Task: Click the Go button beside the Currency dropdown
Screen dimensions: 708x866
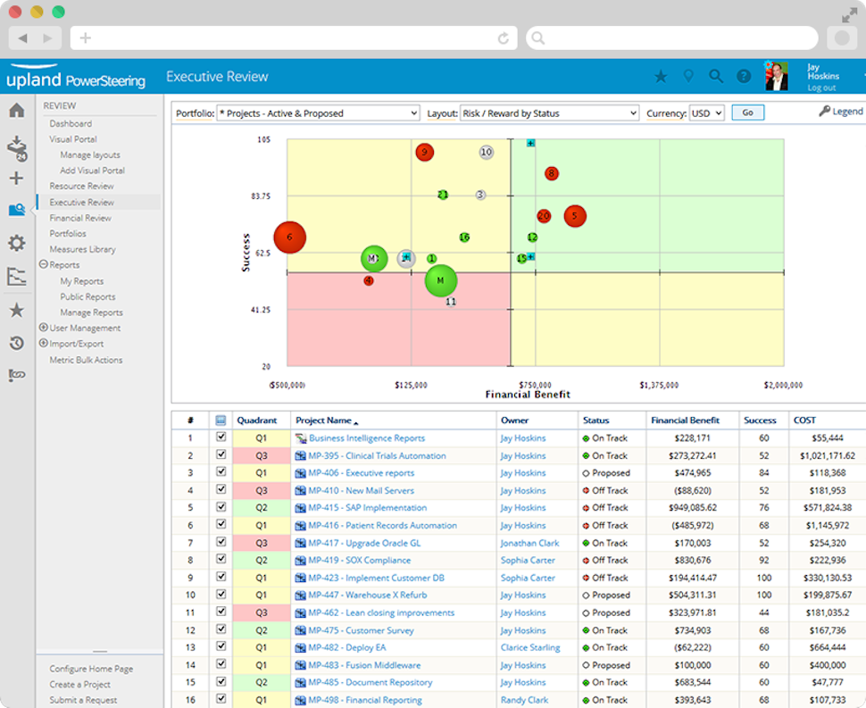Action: (x=747, y=112)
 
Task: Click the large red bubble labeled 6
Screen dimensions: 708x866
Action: (x=289, y=237)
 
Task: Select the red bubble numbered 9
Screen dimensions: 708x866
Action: (x=424, y=152)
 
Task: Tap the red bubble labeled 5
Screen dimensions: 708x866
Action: (x=575, y=215)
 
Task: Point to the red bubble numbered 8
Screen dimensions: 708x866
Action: (x=552, y=173)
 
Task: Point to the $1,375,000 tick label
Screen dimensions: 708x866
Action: (x=658, y=385)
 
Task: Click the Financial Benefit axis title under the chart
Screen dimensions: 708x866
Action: (x=528, y=395)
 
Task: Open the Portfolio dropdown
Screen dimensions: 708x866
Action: (x=319, y=113)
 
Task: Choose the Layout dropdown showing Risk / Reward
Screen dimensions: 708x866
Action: (x=549, y=113)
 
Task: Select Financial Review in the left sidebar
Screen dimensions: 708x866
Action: (x=80, y=218)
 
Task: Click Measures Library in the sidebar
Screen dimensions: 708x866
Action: (x=82, y=249)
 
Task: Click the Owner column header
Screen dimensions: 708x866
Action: (x=515, y=420)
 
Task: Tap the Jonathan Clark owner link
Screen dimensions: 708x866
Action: (x=529, y=543)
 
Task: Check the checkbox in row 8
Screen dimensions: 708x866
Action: (x=221, y=560)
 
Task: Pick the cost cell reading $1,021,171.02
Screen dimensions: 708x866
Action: (x=822, y=455)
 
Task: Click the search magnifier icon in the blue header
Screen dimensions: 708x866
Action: (x=715, y=77)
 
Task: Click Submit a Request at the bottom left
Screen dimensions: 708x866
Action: (x=83, y=700)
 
